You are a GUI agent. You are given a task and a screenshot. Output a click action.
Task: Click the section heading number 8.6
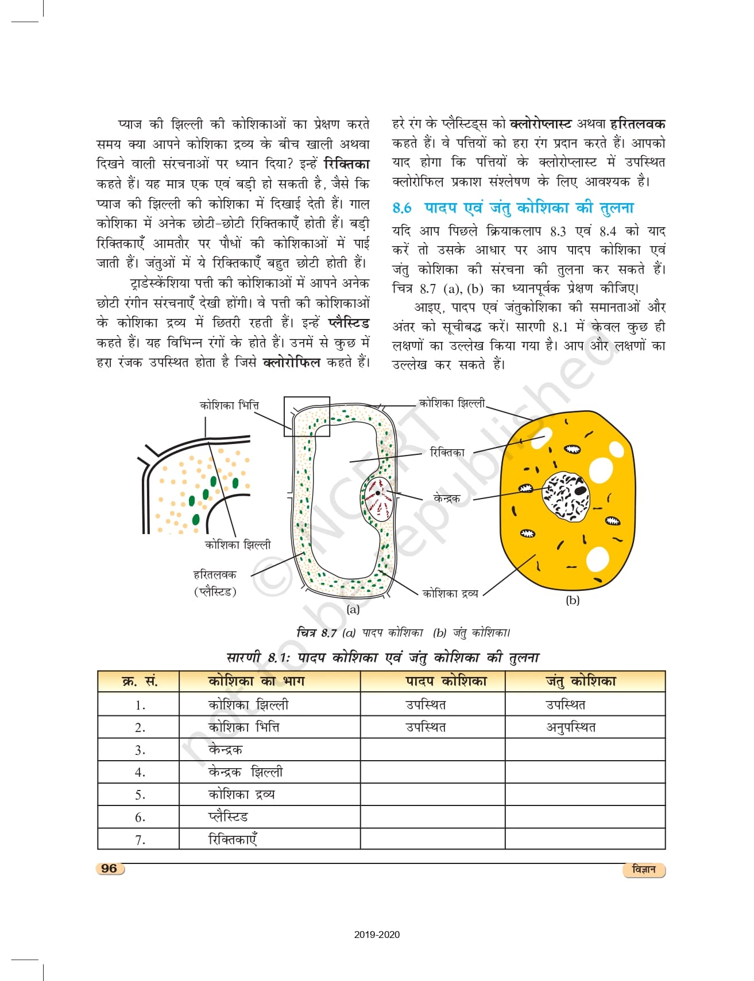(x=401, y=208)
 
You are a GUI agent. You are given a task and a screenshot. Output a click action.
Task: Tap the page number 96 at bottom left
(x=109, y=868)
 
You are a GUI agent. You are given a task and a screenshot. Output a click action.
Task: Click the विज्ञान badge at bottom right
(x=643, y=870)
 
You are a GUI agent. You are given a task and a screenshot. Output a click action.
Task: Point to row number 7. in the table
(x=140, y=840)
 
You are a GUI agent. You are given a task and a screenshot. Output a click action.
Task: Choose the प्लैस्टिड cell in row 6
(x=228, y=817)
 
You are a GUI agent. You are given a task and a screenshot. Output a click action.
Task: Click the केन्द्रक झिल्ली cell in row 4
(x=245, y=772)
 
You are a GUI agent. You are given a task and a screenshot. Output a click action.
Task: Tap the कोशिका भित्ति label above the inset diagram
(x=229, y=405)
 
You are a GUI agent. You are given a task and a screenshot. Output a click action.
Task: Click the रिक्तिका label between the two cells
(x=447, y=453)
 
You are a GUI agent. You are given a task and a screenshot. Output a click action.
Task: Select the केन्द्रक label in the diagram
(x=447, y=499)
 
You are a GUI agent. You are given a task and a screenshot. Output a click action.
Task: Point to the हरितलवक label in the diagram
(x=214, y=574)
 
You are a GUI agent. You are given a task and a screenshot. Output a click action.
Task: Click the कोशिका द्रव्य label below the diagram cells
(x=450, y=594)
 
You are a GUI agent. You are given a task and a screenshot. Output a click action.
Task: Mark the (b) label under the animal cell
(x=573, y=601)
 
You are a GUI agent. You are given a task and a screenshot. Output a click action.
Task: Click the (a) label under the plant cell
(x=353, y=609)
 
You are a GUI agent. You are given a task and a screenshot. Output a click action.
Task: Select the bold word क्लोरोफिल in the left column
(x=291, y=363)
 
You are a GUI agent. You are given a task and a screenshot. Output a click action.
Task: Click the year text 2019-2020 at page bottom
(x=377, y=935)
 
